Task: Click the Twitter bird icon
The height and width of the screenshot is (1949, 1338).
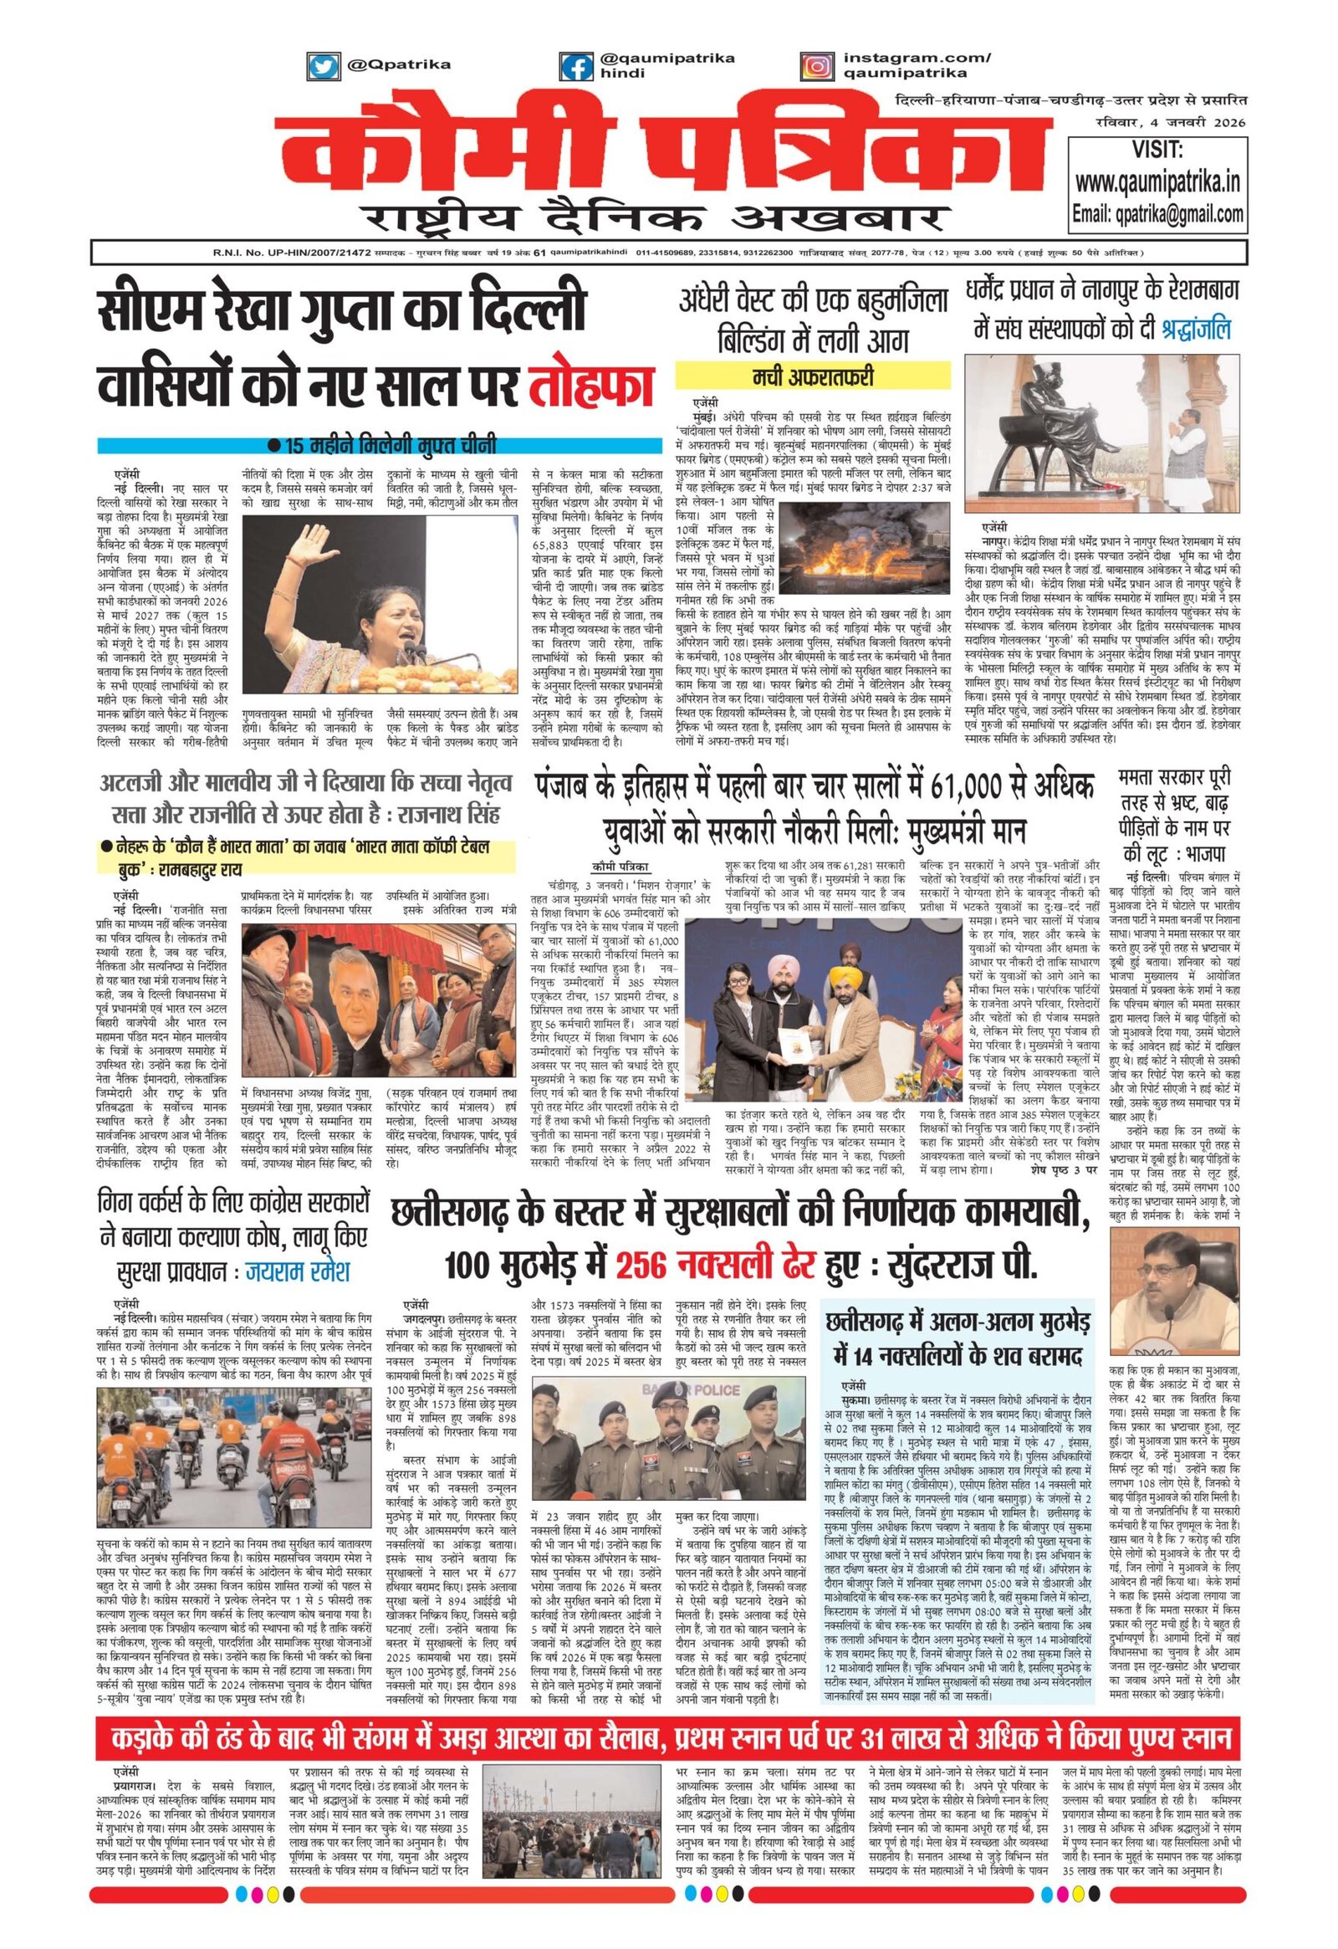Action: pyautogui.click(x=320, y=64)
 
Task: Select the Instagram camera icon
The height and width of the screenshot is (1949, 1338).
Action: pyautogui.click(x=812, y=64)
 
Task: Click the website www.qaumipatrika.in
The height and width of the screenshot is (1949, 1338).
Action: pyautogui.click(x=1158, y=182)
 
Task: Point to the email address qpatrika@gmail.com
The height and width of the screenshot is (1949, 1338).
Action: pyautogui.click(x=1158, y=213)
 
